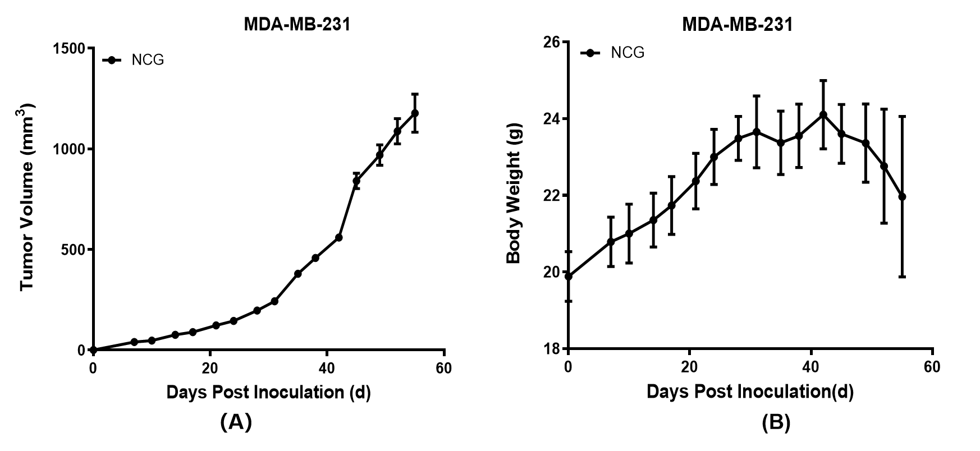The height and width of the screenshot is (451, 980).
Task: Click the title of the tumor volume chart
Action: pyautogui.click(x=297, y=25)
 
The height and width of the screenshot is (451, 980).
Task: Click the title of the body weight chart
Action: pyautogui.click(x=737, y=25)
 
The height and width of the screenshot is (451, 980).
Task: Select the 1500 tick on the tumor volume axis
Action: pyautogui.click(x=69, y=48)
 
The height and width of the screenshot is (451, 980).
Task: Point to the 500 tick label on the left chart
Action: pyautogui.click(x=74, y=250)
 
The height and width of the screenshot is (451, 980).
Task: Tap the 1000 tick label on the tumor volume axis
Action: pyautogui.click(x=69, y=149)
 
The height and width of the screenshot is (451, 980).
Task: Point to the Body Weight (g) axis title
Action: pyautogui.click(x=514, y=194)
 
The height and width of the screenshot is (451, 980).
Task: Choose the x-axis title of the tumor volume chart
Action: pyautogui.click(x=268, y=392)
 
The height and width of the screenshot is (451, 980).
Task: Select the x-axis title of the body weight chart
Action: pyautogui.click(x=750, y=392)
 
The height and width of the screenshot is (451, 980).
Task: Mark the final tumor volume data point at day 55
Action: pyautogui.click(x=415, y=113)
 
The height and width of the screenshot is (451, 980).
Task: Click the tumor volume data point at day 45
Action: pyautogui.click(x=356, y=181)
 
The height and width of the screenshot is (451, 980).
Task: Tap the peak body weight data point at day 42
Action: pyautogui.click(x=823, y=114)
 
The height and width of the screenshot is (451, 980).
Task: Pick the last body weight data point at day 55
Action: pyautogui.click(x=902, y=197)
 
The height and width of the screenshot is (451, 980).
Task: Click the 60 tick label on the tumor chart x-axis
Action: pyautogui.click(x=443, y=369)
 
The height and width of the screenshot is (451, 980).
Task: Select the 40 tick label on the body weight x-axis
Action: pyautogui.click(x=810, y=367)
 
